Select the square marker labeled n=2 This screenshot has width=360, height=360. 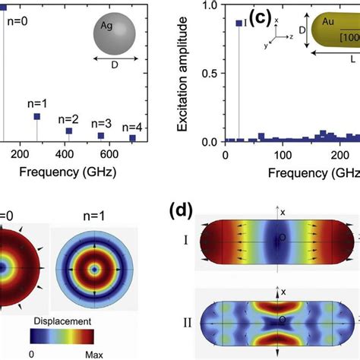[69, 131]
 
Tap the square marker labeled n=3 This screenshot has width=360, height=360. [101, 135]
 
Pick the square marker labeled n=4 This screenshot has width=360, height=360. [132, 138]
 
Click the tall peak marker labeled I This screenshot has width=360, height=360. [239, 24]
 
